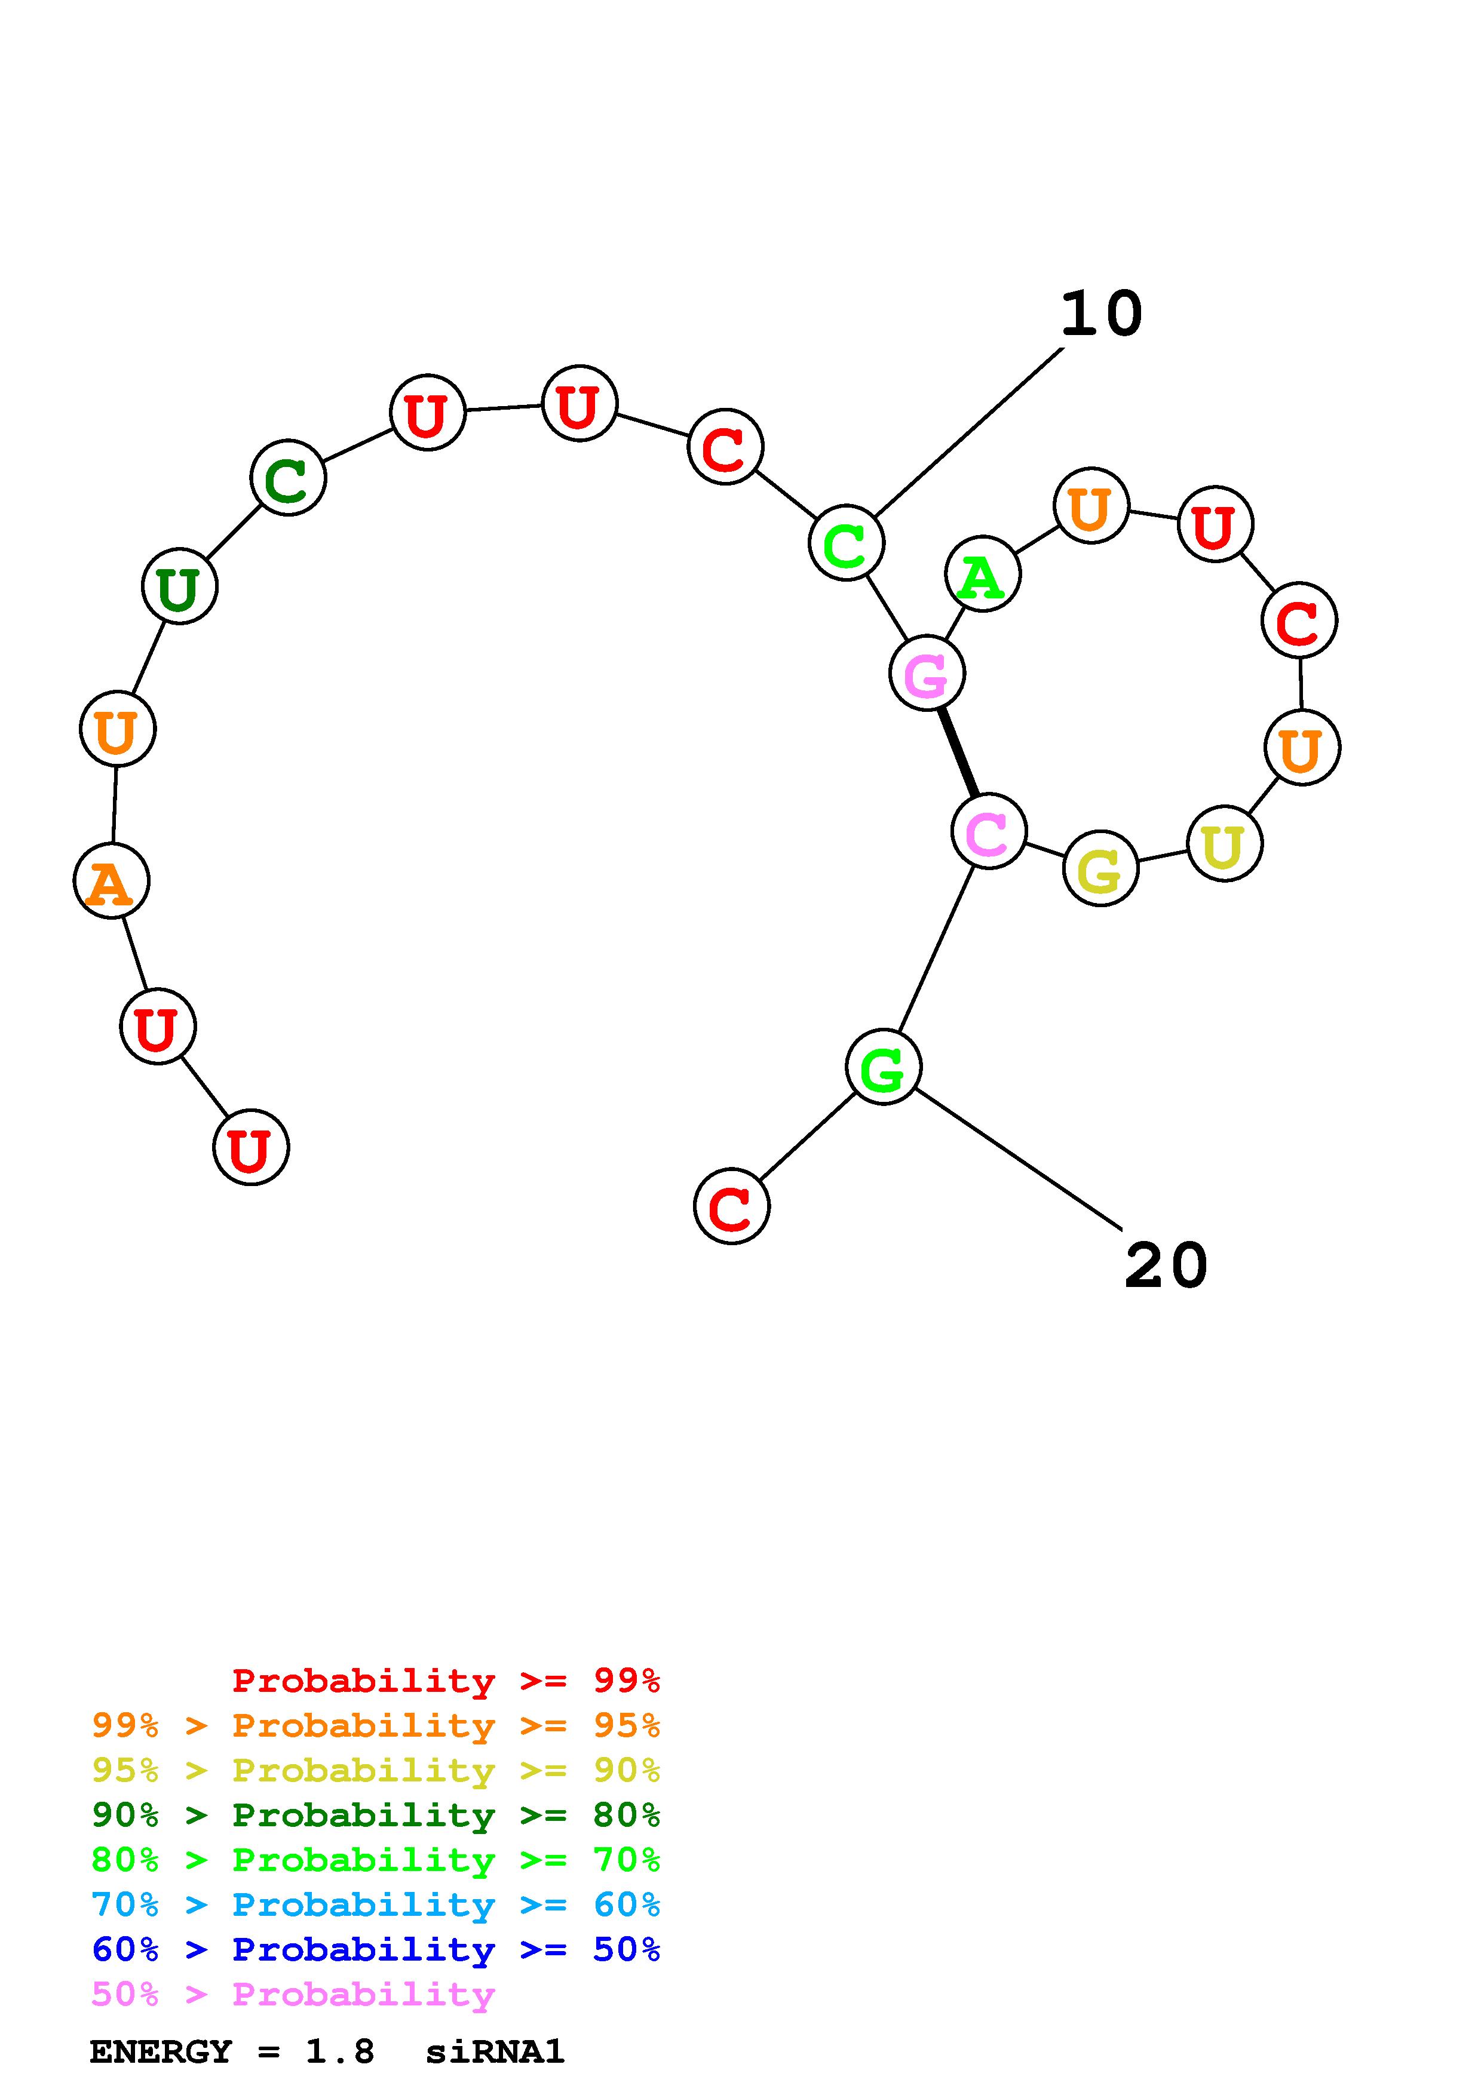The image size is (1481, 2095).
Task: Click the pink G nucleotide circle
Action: [926, 674]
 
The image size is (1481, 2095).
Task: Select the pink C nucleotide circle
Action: [988, 831]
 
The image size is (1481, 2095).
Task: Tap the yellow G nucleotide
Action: [1100, 869]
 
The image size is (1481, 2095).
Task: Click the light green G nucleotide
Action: [882, 1067]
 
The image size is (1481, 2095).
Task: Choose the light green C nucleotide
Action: [846, 543]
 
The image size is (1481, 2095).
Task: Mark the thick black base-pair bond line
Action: [958, 752]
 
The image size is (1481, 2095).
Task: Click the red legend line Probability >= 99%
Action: [445, 1681]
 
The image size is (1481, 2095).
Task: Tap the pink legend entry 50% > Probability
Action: [292, 1995]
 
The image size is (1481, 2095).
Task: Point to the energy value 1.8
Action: [339, 2052]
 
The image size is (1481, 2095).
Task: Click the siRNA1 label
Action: [495, 2052]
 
